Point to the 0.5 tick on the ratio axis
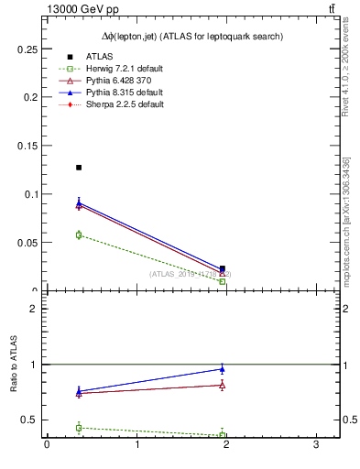(27, 420)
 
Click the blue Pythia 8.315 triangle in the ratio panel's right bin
(223, 369)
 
